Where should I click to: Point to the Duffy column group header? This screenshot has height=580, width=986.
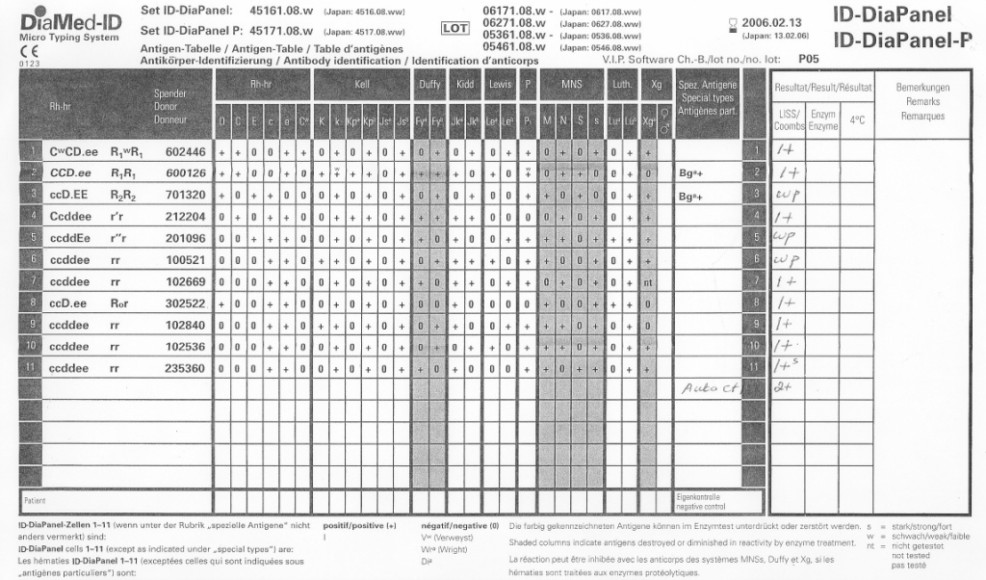click(x=429, y=85)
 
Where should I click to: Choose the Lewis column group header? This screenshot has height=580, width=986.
click(x=500, y=85)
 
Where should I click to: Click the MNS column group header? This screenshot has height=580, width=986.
click(x=571, y=85)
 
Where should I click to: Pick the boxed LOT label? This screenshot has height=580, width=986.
click(x=454, y=29)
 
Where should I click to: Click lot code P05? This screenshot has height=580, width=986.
click(x=809, y=59)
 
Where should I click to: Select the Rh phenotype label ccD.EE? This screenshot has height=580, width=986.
click(x=68, y=195)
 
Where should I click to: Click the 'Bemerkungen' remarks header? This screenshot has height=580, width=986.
click(x=922, y=88)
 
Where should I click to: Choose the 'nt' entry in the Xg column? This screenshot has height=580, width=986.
click(x=649, y=281)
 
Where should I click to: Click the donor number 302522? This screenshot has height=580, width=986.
click(x=185, y=303)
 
